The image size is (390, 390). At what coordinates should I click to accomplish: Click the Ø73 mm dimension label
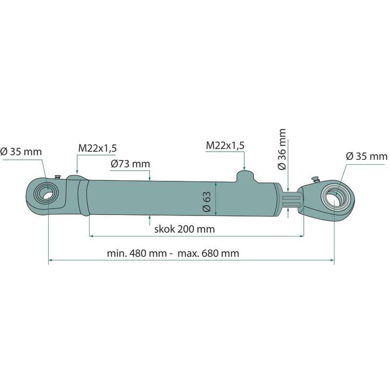tap(130, 164)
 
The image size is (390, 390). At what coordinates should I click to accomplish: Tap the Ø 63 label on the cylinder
tap(207, 201)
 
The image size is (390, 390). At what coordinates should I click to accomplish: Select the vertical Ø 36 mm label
tap(282, 149)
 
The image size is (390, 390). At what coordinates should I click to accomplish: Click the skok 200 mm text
tap(185, 229)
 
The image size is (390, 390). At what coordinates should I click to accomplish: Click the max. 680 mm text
tap(209, 253)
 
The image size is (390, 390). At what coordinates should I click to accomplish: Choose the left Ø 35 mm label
tap(21, 152)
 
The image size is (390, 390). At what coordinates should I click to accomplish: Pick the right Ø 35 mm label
tap(367, 156)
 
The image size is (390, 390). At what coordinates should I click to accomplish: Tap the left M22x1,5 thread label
tap(97, 148)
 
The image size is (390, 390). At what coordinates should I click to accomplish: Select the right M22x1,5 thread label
tap(225, 145)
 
